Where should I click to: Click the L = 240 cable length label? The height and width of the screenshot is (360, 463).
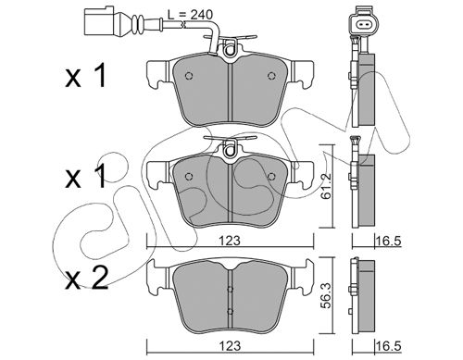(x=190, y=15)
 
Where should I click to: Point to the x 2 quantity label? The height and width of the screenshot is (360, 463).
(x=87, y=279)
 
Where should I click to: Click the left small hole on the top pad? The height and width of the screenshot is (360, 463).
(x=188, y=76)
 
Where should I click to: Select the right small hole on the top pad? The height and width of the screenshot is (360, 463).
(x=271, y=76)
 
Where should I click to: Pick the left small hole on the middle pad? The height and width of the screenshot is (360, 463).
(x=188, y=176)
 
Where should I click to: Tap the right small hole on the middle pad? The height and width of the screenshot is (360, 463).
(x=271, y=176)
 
